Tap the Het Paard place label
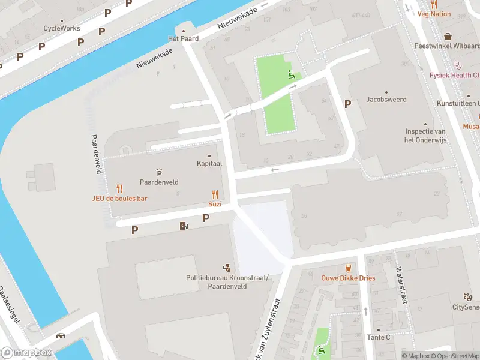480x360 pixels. [x=183, y=38]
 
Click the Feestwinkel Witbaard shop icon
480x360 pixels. [x=448, y=37]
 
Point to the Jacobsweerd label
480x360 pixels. [x=386, y=99]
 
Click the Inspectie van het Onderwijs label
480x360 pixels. [x=424, y=136]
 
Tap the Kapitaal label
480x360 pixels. [x=209, y=163]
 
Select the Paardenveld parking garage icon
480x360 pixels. [x=158, y=172]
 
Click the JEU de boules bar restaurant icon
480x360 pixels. [x=119, y=187]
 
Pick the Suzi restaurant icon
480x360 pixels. [x=214, y=194]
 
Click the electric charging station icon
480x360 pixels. [x=184, y=226]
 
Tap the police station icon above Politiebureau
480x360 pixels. [x=226, y=267]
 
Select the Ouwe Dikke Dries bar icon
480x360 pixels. [x=348, y=267]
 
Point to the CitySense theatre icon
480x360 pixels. [x=467, y=297]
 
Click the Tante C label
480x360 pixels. [x=379, y=337]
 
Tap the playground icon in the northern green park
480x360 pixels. [x=291, y=75]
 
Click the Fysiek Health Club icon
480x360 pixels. [x=459, y=66]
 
